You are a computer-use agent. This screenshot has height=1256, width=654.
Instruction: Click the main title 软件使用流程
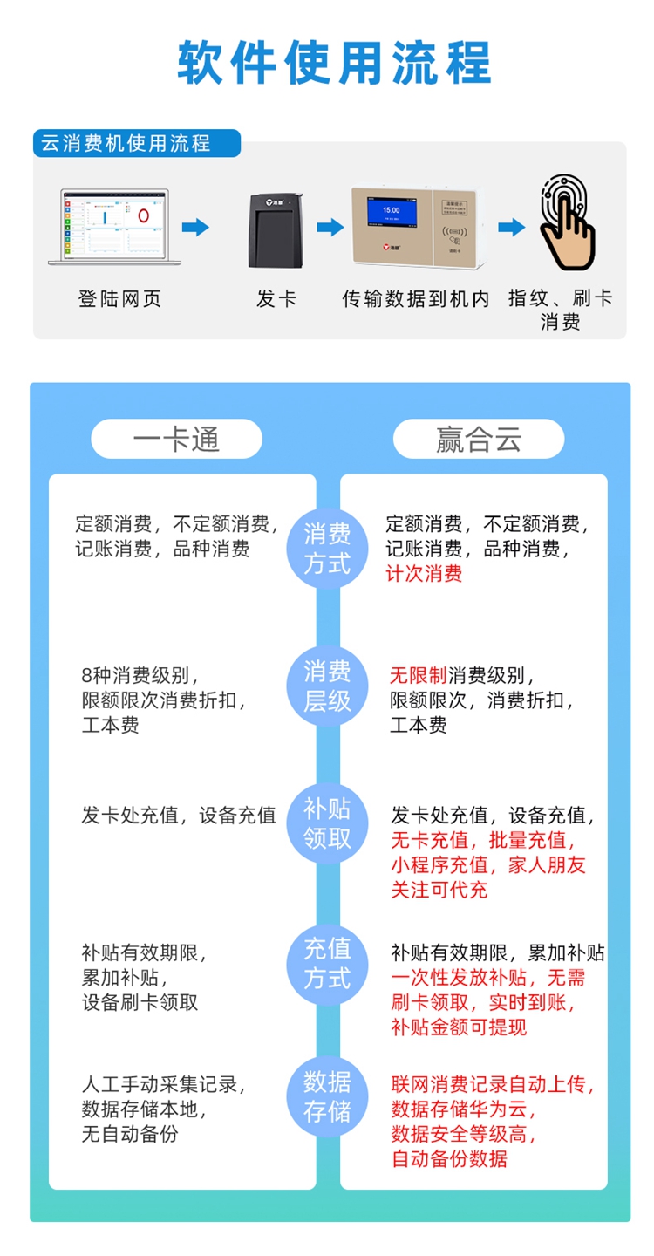click(335, 62)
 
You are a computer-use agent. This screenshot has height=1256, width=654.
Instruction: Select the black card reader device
click(276, 229)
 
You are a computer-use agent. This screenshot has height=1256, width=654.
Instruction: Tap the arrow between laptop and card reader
click(195, 228)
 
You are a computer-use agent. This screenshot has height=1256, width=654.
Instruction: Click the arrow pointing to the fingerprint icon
click(511, 228)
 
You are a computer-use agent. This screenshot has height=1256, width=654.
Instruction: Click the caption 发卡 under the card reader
click(276, 299)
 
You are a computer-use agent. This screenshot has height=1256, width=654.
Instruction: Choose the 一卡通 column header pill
click(176, 439)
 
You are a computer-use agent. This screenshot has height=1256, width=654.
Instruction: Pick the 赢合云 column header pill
click(478, 439)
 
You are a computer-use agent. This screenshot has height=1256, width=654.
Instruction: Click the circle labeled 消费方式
click(327, 549)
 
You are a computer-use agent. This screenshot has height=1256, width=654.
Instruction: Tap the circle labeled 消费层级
click(327, 686)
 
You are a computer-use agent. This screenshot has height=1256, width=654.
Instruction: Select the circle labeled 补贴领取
click(327, 823)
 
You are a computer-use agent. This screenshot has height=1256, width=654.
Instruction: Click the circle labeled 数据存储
click(327, 1097)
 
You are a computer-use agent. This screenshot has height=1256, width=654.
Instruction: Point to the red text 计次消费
click(424, 573)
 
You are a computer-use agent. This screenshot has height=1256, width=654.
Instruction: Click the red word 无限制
click(418, 675)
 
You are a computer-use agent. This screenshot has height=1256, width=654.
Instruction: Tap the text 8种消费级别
click(140, 675)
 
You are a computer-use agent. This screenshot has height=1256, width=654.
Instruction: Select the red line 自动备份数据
click(449, 1159)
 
